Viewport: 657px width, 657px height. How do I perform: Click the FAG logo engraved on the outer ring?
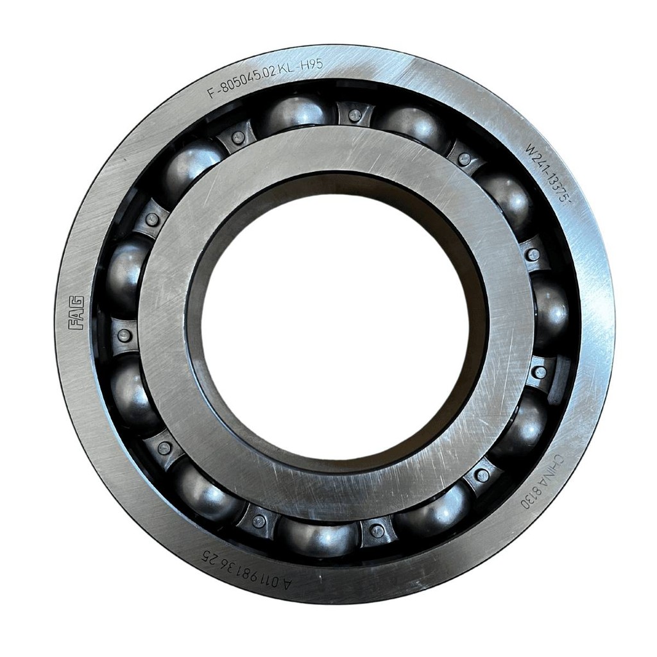tap(77, 312)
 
